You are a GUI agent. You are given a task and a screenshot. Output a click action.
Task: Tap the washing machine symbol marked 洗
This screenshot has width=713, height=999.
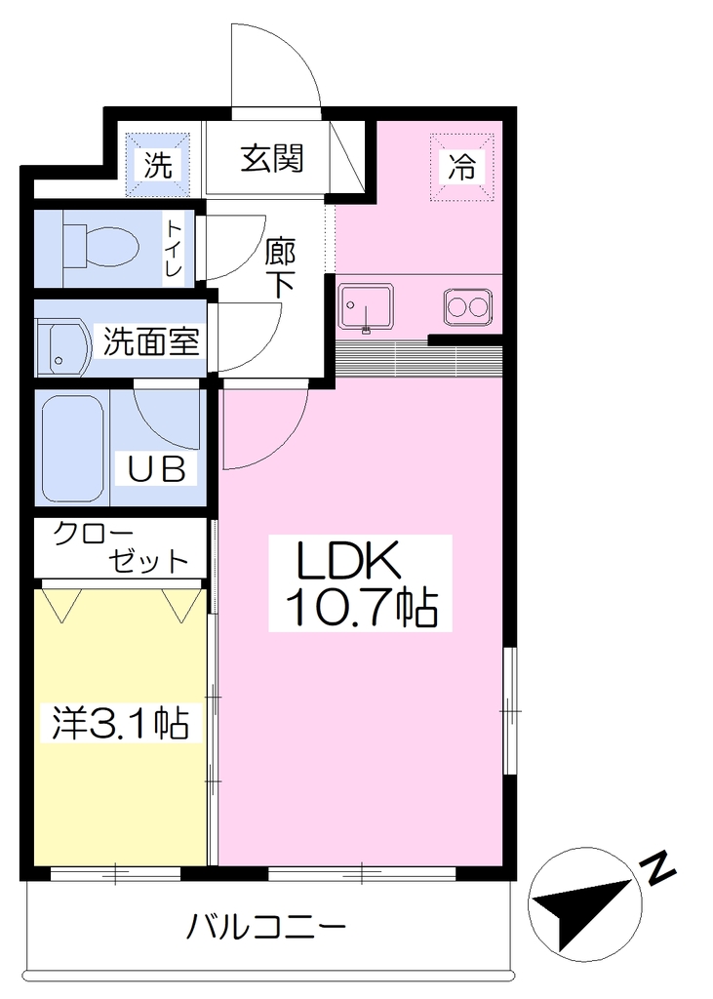click(x=157, y=164)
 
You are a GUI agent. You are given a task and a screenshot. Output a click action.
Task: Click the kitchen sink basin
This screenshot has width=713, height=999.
click(x=366, y=307)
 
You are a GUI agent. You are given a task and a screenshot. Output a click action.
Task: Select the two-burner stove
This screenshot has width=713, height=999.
click(x=467, y=307)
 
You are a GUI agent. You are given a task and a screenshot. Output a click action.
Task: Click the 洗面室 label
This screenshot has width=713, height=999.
click(x=151, y=341)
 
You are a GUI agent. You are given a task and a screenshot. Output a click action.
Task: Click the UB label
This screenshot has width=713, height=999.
click(x=157, y=469)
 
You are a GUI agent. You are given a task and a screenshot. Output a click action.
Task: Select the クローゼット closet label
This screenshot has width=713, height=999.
click(x=121, y=548)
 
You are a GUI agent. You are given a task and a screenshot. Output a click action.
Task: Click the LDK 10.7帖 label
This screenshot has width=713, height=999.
click(x=360, y=583)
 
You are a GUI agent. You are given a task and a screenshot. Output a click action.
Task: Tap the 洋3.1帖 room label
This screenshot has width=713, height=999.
click(x=120, y=723)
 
